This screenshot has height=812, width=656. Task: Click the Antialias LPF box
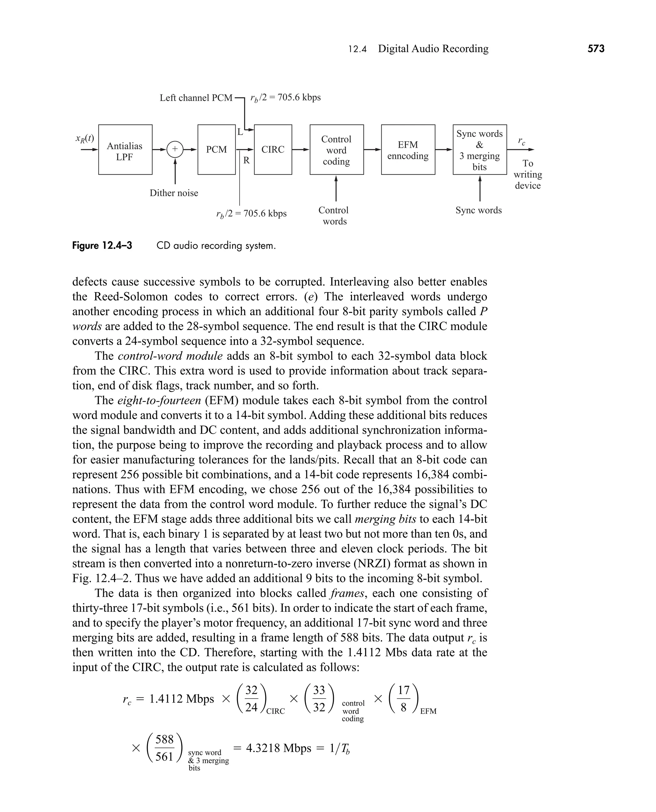point(125,150)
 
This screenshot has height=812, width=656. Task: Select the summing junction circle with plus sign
point(175,149)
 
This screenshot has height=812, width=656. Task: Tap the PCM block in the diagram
point(217,150)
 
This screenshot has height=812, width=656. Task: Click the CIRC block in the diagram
point(273,150)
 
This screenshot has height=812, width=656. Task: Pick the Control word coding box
point(336,150)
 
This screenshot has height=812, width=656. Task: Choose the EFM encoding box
point(408,150)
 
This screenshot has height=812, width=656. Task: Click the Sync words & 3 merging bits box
point(480,150)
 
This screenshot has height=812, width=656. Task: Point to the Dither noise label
point(174,193)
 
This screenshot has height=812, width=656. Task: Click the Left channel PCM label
point(196,98)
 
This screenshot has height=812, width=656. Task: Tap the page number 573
point(596,49)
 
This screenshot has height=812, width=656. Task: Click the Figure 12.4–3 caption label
point(102,246)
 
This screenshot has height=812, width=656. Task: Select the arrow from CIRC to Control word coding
point(301,150)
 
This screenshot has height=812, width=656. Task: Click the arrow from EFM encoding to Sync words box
point(444,150)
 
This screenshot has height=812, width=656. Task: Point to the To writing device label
point(528,174)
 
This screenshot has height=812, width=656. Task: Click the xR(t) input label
point(85,138)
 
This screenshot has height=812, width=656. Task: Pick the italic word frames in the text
point(347,593)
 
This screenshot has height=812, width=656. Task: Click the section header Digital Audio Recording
point(433,49)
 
